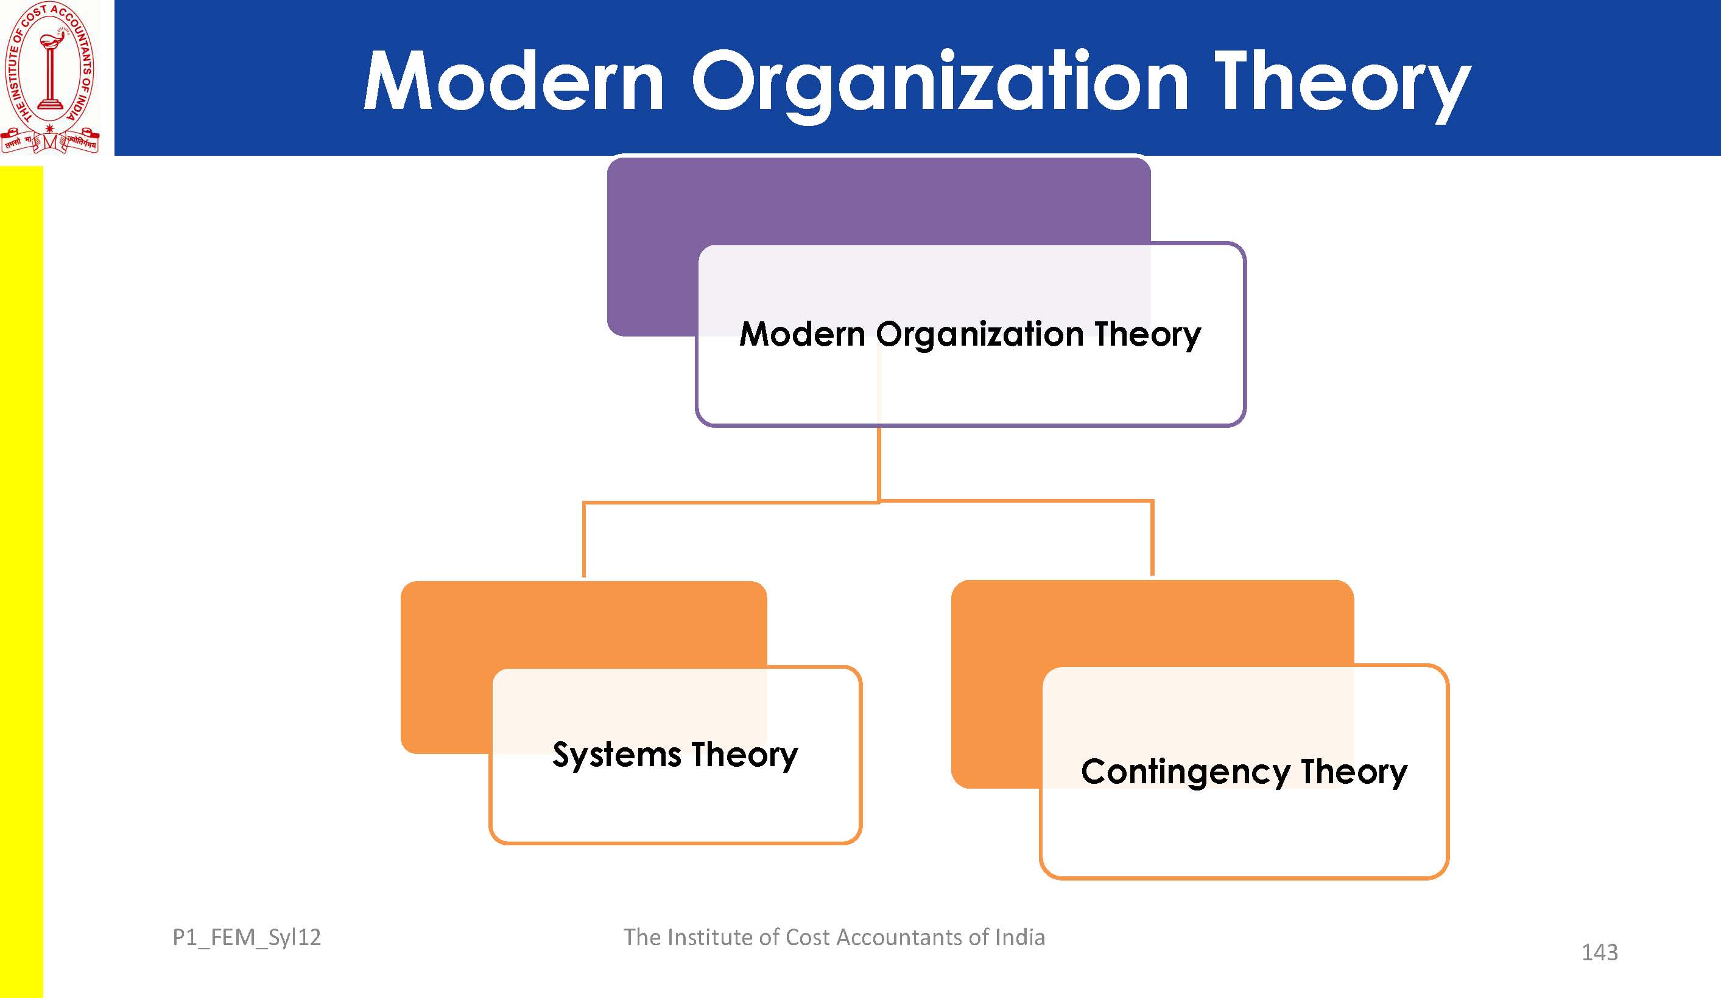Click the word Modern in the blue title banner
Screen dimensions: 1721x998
pos(513,80)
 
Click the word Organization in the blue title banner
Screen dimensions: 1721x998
pos(940,85)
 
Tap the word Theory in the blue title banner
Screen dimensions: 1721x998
pos(1342,86)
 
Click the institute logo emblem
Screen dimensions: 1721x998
pos(51,77)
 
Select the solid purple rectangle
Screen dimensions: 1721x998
pos(878,246)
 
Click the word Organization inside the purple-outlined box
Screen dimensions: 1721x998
pos(979,336)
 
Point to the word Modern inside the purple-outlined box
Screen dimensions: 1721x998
pos(802,334)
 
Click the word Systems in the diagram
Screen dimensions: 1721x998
pos(617,756)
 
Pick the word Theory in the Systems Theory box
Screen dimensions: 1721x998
pos(744,756)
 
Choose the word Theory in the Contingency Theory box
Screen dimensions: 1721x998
pos(1354,773)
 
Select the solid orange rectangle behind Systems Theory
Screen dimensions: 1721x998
pos(583,668)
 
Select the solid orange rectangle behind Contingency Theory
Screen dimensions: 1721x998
pos(1152,684)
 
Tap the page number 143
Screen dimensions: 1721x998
pos(1599,952)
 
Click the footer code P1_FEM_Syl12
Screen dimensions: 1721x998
pos(247,938)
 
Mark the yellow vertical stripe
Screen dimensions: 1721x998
pos(21,582)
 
